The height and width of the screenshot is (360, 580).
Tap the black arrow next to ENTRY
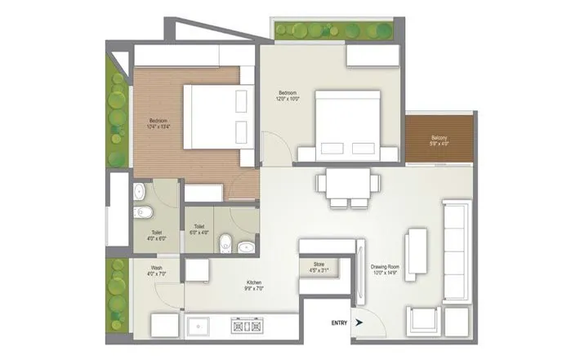tap(357, 323)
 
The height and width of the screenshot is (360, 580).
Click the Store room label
tap(319, 267)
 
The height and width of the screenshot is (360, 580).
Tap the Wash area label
tap(157, 271)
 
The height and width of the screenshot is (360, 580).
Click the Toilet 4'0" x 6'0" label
tap(157, 236)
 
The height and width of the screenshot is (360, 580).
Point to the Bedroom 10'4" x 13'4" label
tap(158, 123)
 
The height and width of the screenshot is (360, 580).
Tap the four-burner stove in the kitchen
tap(248, 327)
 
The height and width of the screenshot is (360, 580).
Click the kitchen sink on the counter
tap(199, 327)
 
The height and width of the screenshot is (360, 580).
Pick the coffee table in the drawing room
tap(416, 249)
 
